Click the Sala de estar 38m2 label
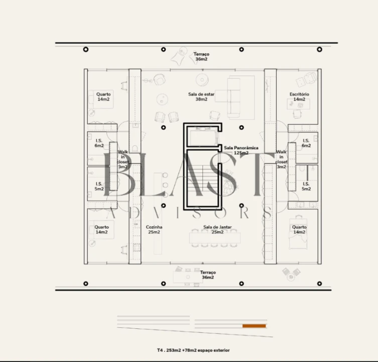coord(201,97)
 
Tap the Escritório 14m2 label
coord(299,97)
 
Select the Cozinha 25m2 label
coord(154,229)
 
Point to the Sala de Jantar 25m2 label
coord(217,229)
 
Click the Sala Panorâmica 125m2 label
coord(241,150)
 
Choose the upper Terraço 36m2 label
coord(201,56)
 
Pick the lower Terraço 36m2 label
coord(208,275)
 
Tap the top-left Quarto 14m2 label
coord(103,97)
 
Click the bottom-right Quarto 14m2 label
coord(299,229)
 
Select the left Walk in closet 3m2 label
coord(122,159)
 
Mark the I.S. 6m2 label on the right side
coord(306,143)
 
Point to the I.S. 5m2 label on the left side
coord(99,186)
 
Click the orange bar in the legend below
coord(254,326)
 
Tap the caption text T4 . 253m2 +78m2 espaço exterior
coord(193,350)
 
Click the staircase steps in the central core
coord(203,178)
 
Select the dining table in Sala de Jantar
coord(215,238)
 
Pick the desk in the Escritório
coord(299,104)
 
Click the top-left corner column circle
coord(85,49)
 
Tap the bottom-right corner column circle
coord(319,284)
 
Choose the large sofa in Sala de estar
coord(234,98)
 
